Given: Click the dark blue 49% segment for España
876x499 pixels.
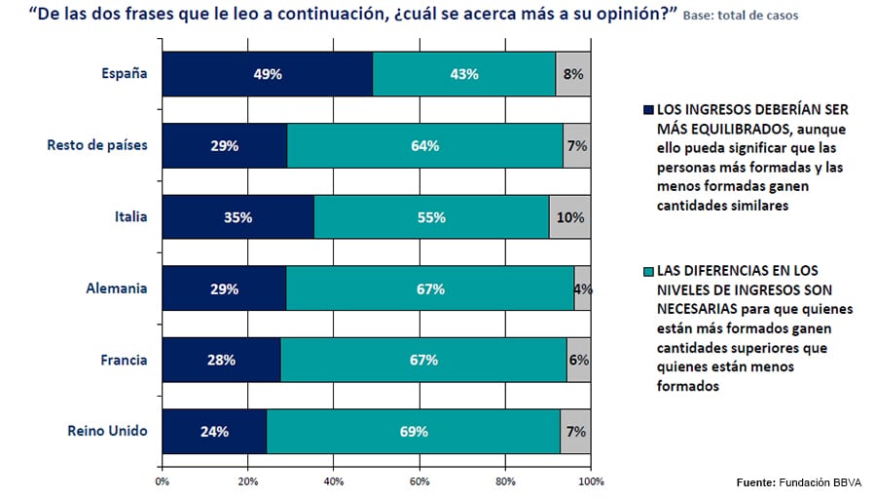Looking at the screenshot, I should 267,74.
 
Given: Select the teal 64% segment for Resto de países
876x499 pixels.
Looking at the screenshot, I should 424,146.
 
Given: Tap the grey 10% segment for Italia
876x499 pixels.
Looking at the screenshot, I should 569,217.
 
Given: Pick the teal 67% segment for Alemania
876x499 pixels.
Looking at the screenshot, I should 429,288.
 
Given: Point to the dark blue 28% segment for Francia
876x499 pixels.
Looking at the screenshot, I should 221,360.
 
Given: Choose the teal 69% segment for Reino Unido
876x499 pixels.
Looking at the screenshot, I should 413,432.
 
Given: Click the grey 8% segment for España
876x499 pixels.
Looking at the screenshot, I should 573,74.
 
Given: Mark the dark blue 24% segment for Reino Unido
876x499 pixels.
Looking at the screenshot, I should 214,432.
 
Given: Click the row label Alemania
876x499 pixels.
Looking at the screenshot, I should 117,289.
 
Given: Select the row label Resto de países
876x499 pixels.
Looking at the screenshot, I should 97,146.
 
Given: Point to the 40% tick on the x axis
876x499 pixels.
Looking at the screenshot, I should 333,480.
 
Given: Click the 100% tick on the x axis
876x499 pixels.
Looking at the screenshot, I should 590,480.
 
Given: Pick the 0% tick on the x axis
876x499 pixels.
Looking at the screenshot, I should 162,480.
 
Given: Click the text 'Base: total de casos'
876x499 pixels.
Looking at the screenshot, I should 744,17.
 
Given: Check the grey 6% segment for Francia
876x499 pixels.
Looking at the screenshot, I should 578,360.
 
